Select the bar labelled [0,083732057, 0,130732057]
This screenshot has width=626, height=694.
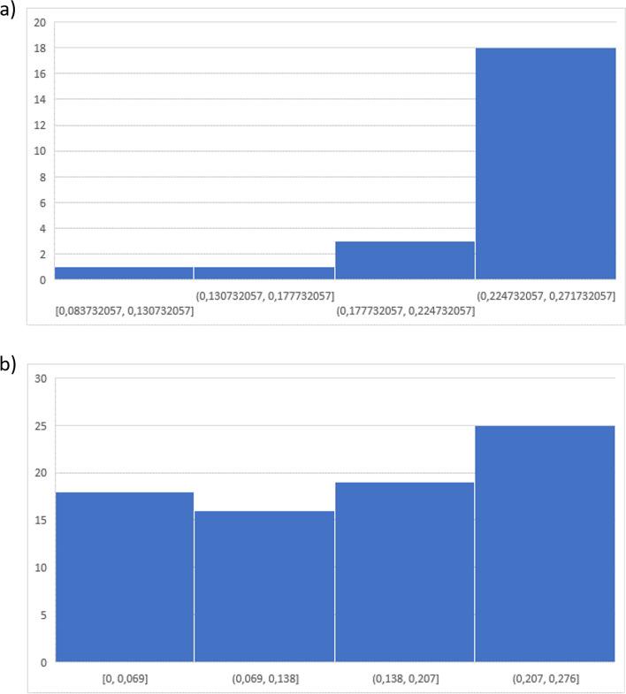(x=124, y=273)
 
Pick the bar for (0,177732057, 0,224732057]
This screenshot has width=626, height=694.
(x=405, y=260)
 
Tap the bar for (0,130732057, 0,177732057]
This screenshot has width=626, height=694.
(x=264, y=273)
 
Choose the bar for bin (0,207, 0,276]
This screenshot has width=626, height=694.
(x=546, y=544)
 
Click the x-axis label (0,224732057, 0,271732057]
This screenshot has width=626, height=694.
(x=546, y=294)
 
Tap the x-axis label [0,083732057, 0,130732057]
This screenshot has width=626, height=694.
(x=124, y=310)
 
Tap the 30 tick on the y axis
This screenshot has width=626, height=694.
(x=39, y=378)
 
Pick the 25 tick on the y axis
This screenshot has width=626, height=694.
(x=39, y=426)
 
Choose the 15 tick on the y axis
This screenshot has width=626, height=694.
(x=39, y=521)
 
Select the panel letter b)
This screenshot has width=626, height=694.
(x=8, y=364)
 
